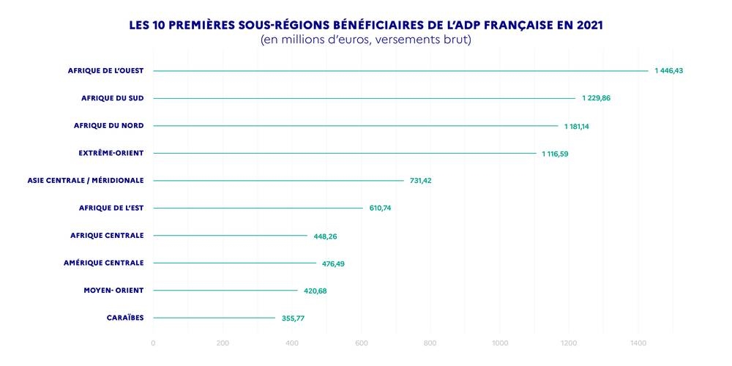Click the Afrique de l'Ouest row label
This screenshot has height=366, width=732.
tap(106, 70)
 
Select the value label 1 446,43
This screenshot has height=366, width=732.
tap(669, 71)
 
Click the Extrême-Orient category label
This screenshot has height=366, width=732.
tap(111, 153)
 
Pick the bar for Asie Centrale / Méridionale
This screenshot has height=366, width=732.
tap(278, 181)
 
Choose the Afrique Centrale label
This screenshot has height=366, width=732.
tap(107, 235)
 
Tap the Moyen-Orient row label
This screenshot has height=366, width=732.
tap(114, 290)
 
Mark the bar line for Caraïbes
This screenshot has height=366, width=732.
tap(214, 318)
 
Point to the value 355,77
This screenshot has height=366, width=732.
tap(294, 318)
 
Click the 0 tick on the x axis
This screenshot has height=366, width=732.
tap(153, 343)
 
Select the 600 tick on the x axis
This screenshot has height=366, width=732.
tap(361, 343)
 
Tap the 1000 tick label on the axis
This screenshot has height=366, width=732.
tap(499, 343)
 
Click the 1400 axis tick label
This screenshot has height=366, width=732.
tap(638, 343)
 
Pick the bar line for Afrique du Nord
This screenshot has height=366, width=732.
tap(355, 126)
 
